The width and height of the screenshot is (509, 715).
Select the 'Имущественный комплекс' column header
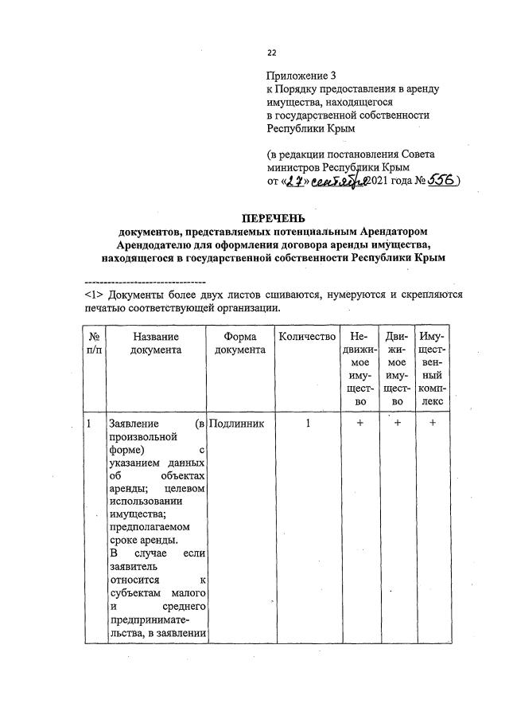432,369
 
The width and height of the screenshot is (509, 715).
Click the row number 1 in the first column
89,424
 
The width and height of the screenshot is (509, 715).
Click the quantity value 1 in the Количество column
307,424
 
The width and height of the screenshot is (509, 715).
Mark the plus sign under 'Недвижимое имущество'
359,424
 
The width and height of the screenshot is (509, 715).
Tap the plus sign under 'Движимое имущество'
397,424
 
